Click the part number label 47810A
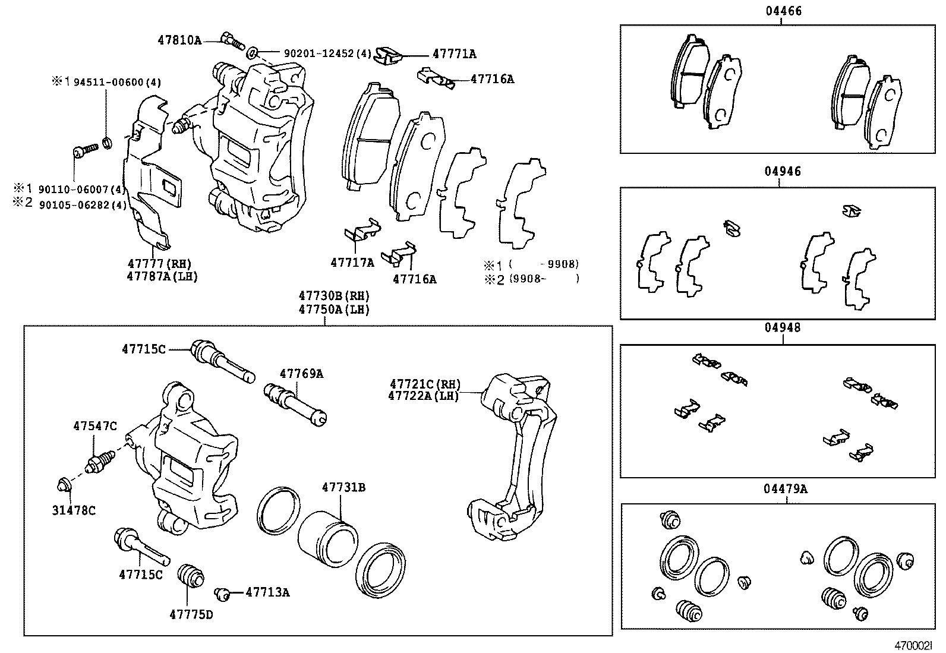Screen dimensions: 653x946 click(x=179, y=40)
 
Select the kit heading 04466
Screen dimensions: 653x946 click(x=783, y=11)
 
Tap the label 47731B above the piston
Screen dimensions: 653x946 click(x=343, y=488)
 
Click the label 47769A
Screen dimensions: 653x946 click(x=301, y=374)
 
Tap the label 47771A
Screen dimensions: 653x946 click(x=454, y=54)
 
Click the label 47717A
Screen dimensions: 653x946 click(x=352, y=262)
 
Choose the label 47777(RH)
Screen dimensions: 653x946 click(x=159, y=264)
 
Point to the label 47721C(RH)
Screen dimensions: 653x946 click(x=425, y=384)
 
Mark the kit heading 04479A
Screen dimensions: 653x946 click(x=786, y=489)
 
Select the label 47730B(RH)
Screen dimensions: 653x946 click(x=334, y=295)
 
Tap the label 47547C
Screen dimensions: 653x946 click(x=95, y=426)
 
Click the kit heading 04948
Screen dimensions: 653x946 click(x=783, y=327)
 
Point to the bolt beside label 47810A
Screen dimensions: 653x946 click(x=232, y=40)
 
